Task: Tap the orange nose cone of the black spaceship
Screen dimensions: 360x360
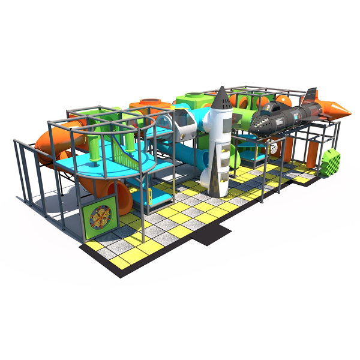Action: pyautogui.click(x=340, y=109)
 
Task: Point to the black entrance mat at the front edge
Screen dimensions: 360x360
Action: pyautogui.click(x=210, y=234)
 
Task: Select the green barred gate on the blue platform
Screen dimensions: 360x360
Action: pyautogui.click(x=124, y=157)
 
